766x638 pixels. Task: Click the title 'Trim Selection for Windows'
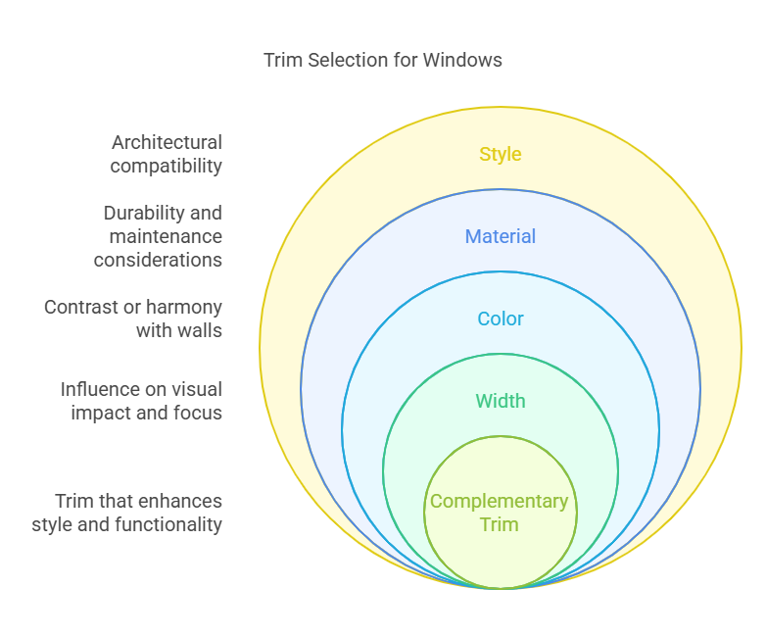[383, 60]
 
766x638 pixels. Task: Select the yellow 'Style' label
[500, 154]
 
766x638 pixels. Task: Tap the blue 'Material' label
[500, 236]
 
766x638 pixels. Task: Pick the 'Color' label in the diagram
[500, 319]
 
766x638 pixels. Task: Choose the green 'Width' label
[500, 401]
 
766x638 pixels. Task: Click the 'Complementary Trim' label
[500, 513]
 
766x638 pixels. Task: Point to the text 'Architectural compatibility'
[167, 154]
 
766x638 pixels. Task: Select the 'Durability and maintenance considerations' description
[159, 236]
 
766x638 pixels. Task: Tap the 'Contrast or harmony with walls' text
[134, 319]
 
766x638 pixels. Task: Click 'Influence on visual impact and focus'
[142, 401]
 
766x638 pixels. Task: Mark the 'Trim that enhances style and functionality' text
[127, 513]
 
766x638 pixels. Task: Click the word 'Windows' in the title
[462, 60]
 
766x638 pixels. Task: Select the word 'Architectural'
[167, 142]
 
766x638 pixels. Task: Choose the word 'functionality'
[168, 524]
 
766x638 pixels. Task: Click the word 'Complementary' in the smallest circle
[500, 501]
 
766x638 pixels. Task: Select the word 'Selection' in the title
[345, 60]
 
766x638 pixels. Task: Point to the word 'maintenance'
[166, 236]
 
